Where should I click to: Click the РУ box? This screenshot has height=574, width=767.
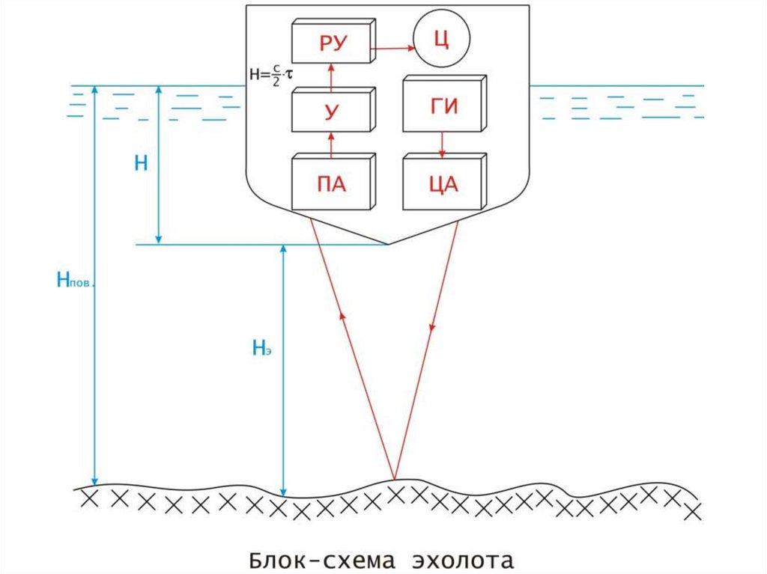(331, 43)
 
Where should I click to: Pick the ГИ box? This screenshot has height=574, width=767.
(442, 106)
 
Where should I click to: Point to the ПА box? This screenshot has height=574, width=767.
(331, 183)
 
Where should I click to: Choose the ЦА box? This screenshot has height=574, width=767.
(442, 183)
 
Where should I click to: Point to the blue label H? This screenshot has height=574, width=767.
(141, 164)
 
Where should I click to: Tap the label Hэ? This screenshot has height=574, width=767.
(261, 346)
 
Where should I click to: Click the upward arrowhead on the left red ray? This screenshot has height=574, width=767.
(343, 314)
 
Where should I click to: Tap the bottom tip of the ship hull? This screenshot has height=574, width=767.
(388, 245)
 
